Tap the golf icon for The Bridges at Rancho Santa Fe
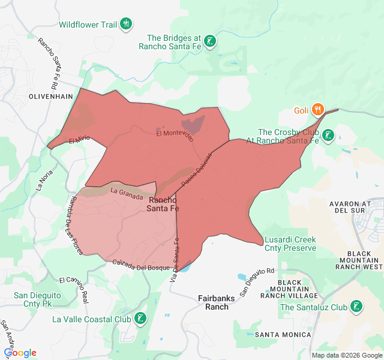[x=209, y=41]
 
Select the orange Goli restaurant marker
[x=318, y=110]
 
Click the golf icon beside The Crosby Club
[x=328, y=136]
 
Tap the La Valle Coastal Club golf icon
[x=140, y=319]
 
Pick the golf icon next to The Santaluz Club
[x=356, y=307]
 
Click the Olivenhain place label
[x=50, y=96]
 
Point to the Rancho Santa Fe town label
[x=163, y=204]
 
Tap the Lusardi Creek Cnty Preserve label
[x=290, y=244]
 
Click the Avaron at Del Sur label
[x=355, y=207]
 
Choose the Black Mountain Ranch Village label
[x=298, y=289]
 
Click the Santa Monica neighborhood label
[x=283, y=334]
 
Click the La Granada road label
[x=126, y=191]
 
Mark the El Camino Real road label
[x=74, y=288]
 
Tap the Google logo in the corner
[x=20, y=353]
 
